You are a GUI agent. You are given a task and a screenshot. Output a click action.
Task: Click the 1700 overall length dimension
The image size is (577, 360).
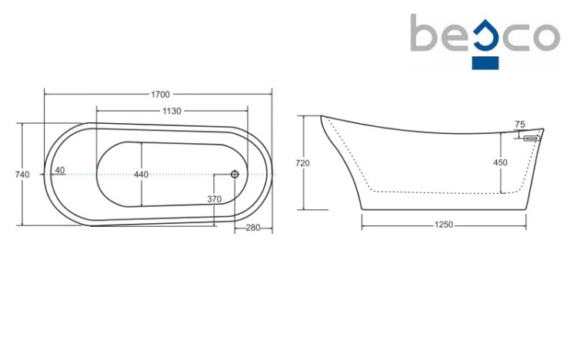(x=161, y=95)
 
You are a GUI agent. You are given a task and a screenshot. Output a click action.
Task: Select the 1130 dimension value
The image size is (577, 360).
(x=172, y=111)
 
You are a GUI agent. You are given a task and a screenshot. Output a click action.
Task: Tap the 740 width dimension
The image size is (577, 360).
(x=22, y=175)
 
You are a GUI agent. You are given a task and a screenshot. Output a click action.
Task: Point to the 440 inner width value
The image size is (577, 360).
(x=141, y=175)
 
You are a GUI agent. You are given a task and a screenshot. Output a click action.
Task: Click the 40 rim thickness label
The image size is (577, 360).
(x=60, y=170)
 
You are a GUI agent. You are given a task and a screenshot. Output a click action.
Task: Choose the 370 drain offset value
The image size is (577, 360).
(x=214, y=199)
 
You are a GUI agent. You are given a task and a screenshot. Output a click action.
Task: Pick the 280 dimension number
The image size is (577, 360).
(x=253, y=228)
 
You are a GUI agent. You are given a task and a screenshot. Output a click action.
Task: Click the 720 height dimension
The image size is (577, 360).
(x=302, y=163)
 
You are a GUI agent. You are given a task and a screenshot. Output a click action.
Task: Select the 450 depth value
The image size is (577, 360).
(x=501, y=162)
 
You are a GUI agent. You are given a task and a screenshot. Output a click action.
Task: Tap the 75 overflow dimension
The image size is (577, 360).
(x=520, y=125)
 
